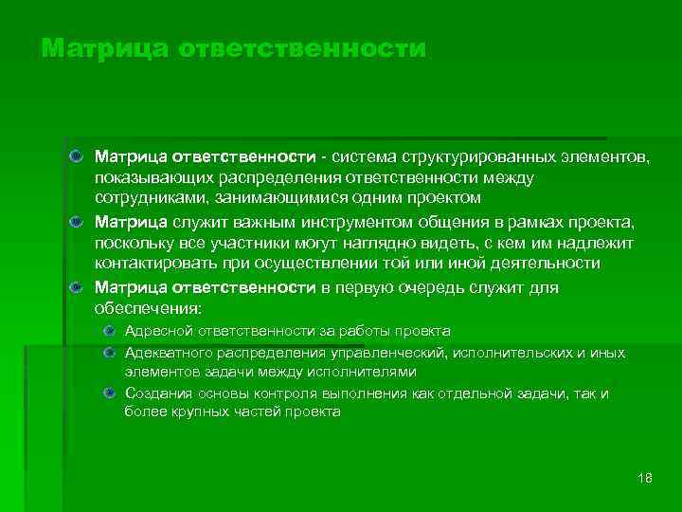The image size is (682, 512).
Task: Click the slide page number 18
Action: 645,477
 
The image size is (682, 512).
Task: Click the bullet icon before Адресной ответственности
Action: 110,331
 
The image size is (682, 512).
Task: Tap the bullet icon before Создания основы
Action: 110,393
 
